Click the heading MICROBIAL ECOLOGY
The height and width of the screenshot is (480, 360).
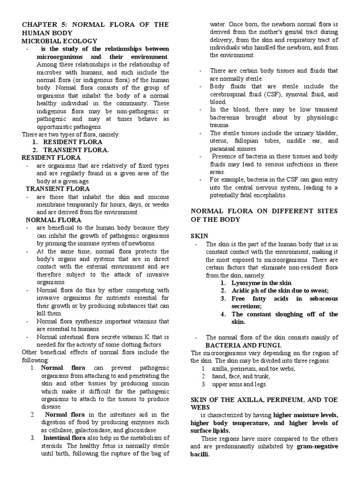[x=60, y=41]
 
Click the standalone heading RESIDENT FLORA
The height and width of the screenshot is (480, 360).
[x=52, y=157]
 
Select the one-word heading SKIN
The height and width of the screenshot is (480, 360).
[x=199, y=235]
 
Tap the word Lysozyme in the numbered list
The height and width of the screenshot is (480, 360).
[x=247, y=283]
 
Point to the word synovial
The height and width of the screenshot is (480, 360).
[x=296, y=94]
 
